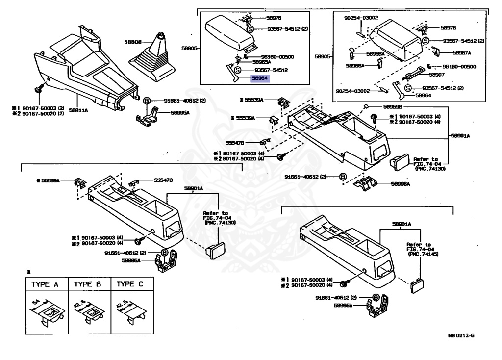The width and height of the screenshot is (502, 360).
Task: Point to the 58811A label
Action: coord(78,110)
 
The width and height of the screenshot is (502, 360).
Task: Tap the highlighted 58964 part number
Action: coord(260,78)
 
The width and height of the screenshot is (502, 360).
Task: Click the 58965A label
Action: coord(262,62)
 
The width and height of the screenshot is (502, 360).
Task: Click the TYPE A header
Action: coord(45,284)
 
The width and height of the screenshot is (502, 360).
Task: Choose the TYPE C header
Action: coord(132,284)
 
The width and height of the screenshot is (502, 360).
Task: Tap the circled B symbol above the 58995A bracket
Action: coord(146,100)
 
